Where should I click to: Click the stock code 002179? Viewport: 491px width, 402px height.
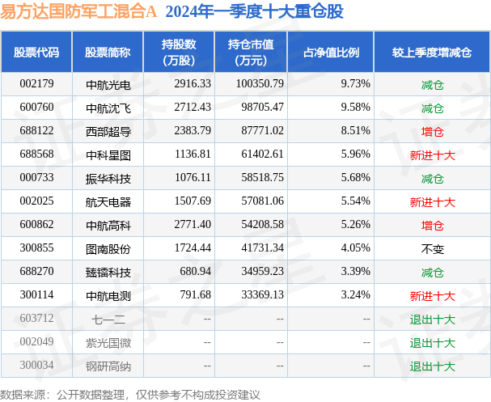pyautogui.click(x=36, y=83)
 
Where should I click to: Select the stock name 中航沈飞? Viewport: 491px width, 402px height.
pyautogui.click(x=107, y=108)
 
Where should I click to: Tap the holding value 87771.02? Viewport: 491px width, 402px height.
pyautogui.click(x=256, y=131)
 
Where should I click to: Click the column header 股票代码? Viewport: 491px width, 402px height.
pyautogui.click(x=36, y=53)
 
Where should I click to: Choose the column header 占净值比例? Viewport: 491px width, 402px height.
pyautogui.click(x=331, y=53)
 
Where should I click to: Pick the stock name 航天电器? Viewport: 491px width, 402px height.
pyautogui.click(x=107, y=201)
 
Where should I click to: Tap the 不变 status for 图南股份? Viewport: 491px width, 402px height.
pyautogui.click(x=432, y=249)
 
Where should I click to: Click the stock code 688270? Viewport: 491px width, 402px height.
pyautogui.click(x=36, y=272)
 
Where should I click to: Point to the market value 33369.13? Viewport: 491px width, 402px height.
pyautogui.click(x=256, y=295)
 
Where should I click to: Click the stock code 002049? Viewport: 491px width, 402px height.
pyautogui.click(x=36, y=342)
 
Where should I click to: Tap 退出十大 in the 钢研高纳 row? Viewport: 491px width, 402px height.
pyautogui.click(x=432, y=366)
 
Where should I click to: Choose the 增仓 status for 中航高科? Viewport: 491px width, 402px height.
pyautogui.click(x=432, y=225)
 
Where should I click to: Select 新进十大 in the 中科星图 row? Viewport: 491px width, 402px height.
pyautogui.click(x=432, y=154)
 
